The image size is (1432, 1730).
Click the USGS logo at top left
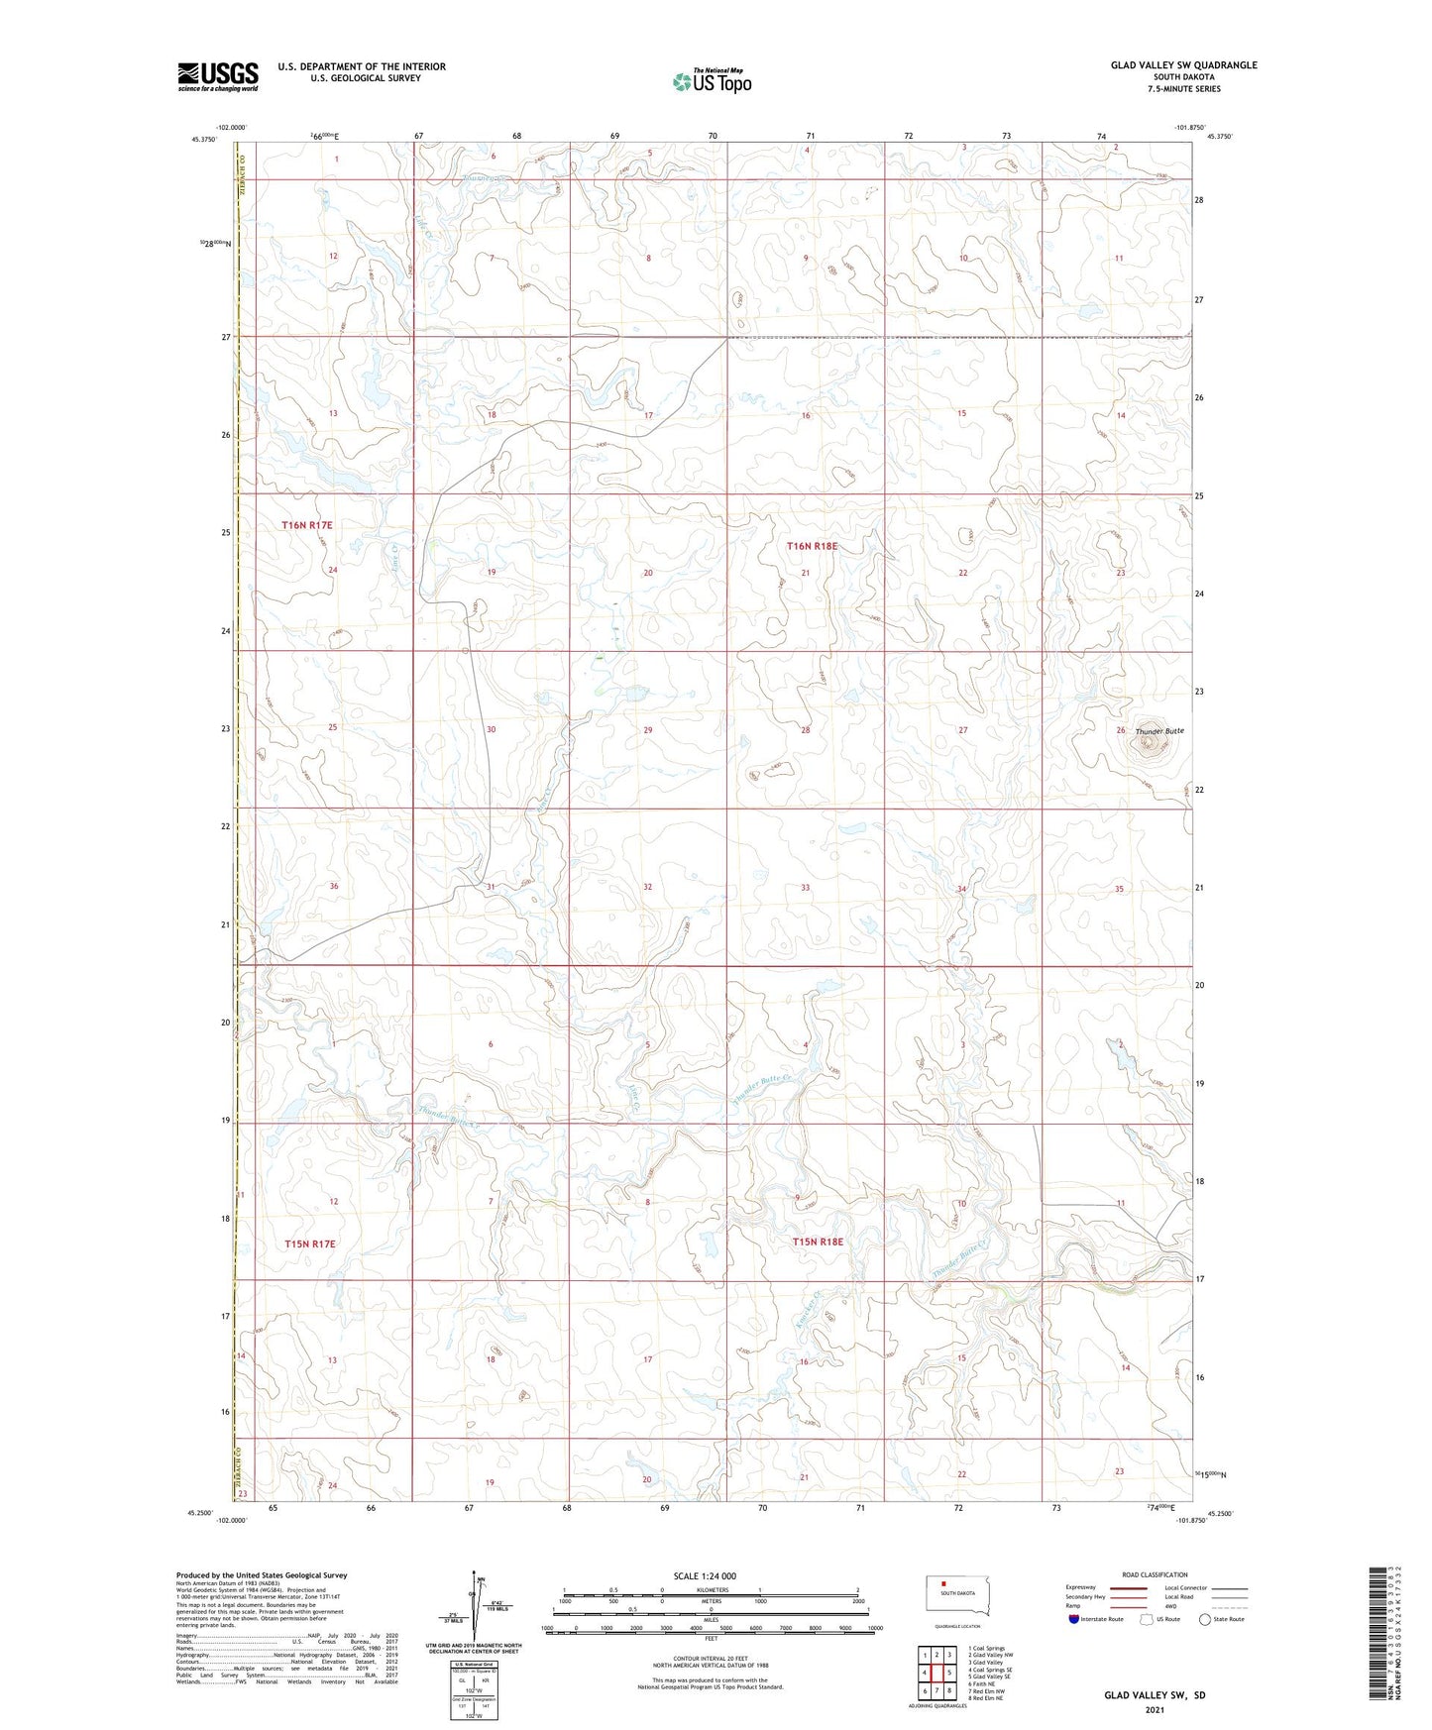click(217, 76)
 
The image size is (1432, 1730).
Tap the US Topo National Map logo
click(711, 81)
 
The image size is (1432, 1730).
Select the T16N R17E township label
click(306, 525)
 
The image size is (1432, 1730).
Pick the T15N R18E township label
click(817, 1242)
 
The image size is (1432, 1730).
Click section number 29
click(648, 730)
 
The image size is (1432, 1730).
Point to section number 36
click(334, 886)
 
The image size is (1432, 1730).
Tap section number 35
click(1120, 889)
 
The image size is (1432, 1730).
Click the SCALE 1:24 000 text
click(705, 1575)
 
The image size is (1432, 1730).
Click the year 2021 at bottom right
click(1155, 1710)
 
